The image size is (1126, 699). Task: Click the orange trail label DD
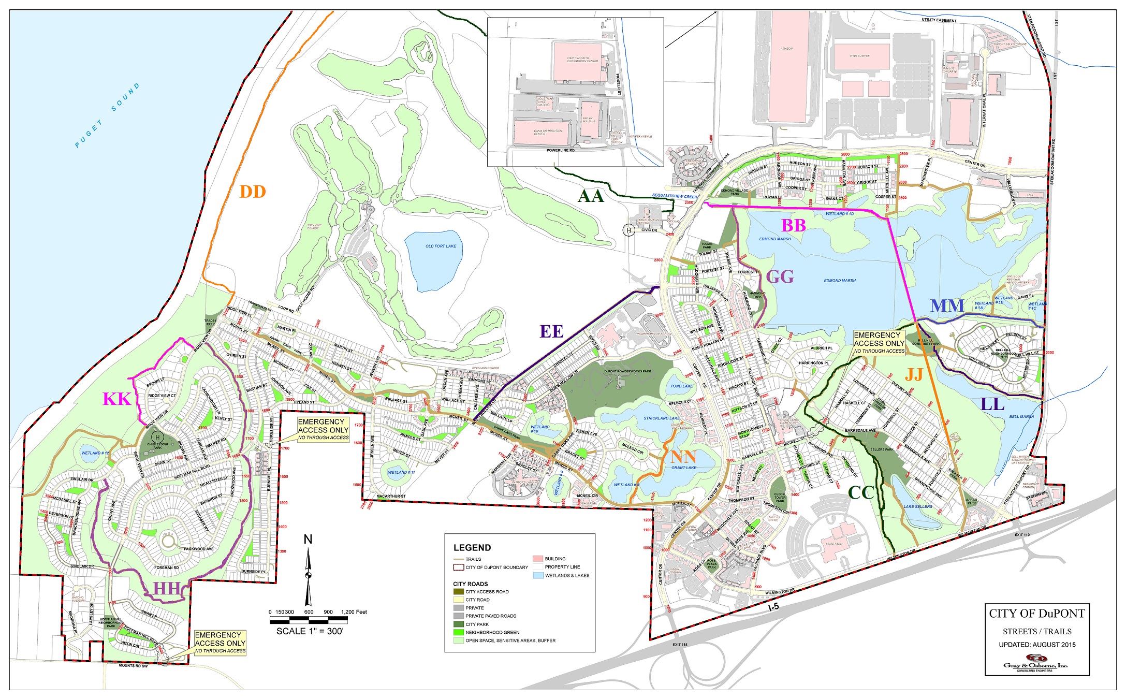(x=253, y=192)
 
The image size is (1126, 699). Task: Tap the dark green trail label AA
(x=591, y=196)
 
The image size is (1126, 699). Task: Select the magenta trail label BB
(x=793, y=225)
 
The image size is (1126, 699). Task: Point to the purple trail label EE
(x=551, y=331)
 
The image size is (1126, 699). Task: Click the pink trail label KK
(x=116, y=399)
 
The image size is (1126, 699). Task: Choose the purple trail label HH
(x=167, y=588)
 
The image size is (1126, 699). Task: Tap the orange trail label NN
(x=683, y=457)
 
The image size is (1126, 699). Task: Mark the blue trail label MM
(x=947, y=305)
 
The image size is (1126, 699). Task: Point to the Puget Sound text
(x=107, y=115)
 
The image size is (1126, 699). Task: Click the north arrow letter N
(x=308, y=540)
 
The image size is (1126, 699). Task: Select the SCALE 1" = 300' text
(x=310, y=631)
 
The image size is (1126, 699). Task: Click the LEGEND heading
(x=472, y=547)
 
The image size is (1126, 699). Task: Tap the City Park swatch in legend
(x=459, y=624)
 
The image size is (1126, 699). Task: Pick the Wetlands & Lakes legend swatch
(x=538, y=575)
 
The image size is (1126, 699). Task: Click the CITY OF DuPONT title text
(x=1037, y=614)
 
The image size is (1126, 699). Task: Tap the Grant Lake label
(x=684, y=468)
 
